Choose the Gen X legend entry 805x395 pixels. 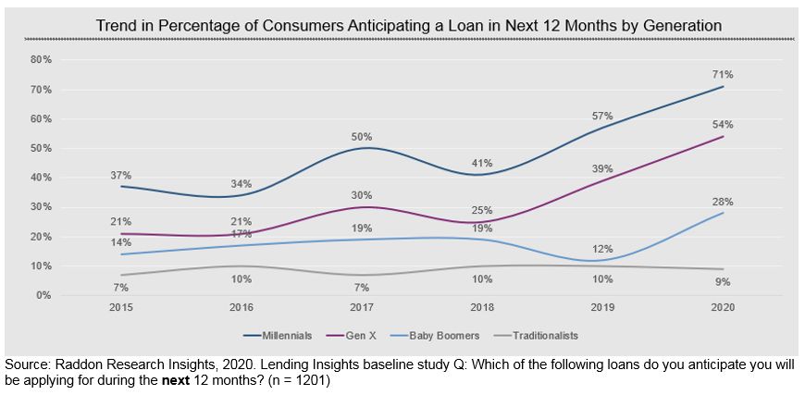click(361, 336)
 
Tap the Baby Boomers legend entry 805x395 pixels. click(444, 336)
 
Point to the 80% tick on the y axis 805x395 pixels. click(42, 59)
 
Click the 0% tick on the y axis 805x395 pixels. click(44, 295)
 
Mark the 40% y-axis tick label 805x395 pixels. click(42, 178)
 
